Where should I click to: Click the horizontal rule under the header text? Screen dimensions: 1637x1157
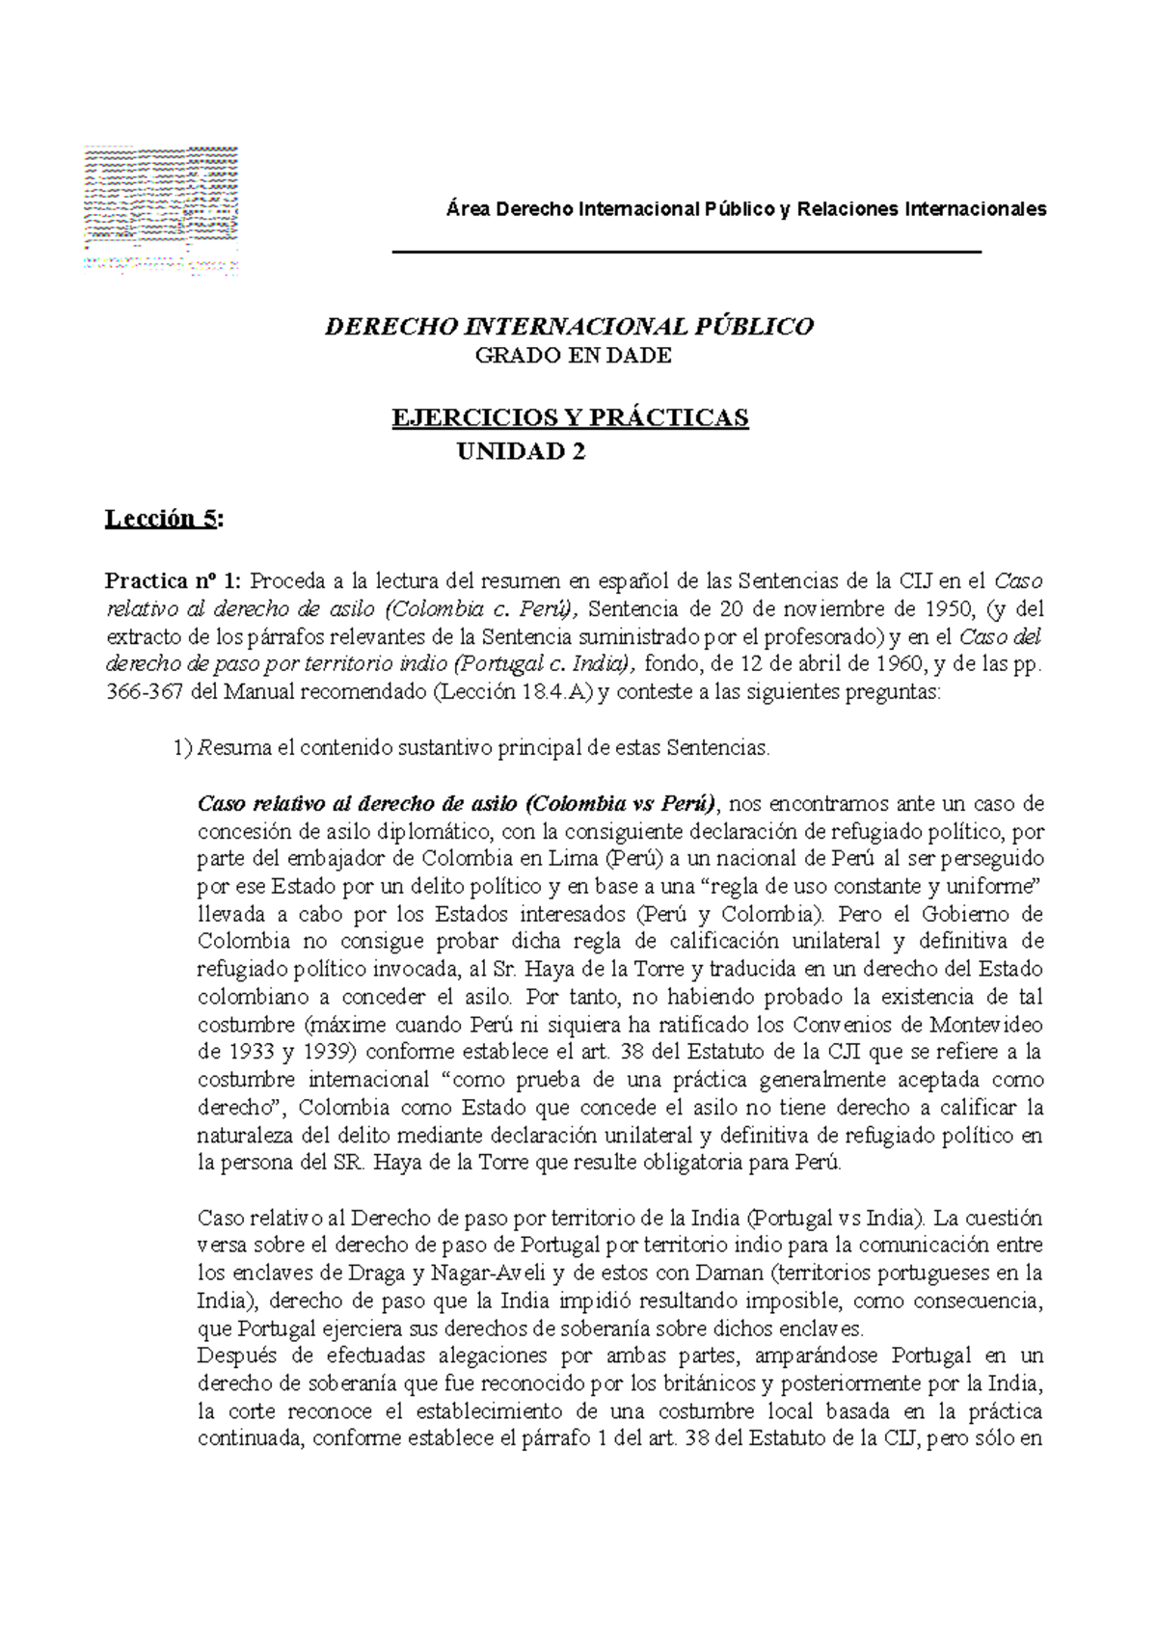pos(686,251)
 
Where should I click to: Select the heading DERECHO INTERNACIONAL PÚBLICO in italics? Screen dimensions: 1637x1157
pos(570,326)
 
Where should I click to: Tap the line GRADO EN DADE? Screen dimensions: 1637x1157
pos(574,356)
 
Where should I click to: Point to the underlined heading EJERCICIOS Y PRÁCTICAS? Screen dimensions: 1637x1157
pos(569,417)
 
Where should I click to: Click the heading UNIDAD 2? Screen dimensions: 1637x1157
pos(520,451)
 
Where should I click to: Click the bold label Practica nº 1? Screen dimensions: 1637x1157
pos(174,581)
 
